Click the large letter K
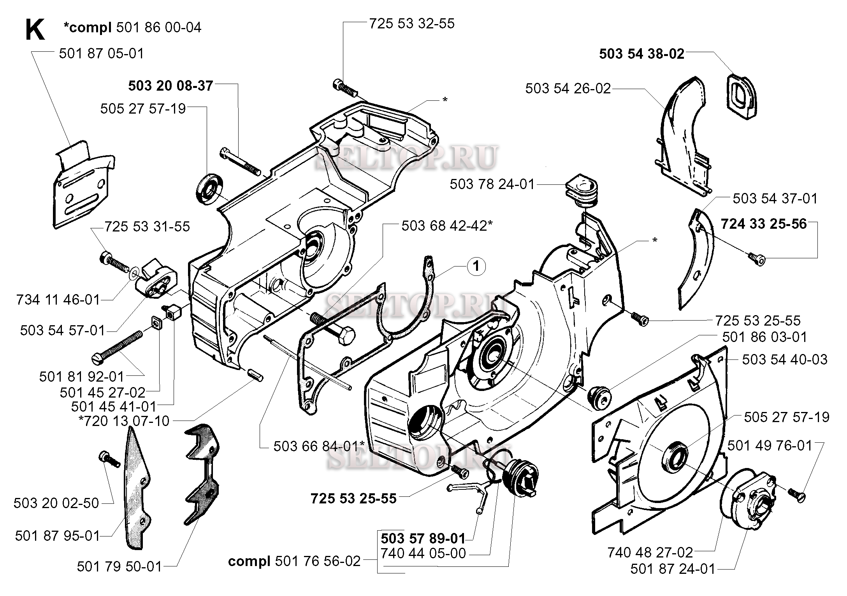coord(35,30)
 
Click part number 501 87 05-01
coord(101,53)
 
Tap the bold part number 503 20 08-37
coord(170,86)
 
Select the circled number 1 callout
coord(476,267)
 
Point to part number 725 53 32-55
coord(411,23)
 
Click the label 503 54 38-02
coord(641,54)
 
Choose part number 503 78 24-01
coord(492,184)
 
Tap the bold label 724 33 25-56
coord(764,224)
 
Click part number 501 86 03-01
coord(764,337)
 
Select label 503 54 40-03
coord(784,359)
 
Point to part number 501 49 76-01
coord(770,445)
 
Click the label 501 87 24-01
coord(673,570)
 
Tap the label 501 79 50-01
coord(119,567)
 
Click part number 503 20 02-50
coord(56,503)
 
